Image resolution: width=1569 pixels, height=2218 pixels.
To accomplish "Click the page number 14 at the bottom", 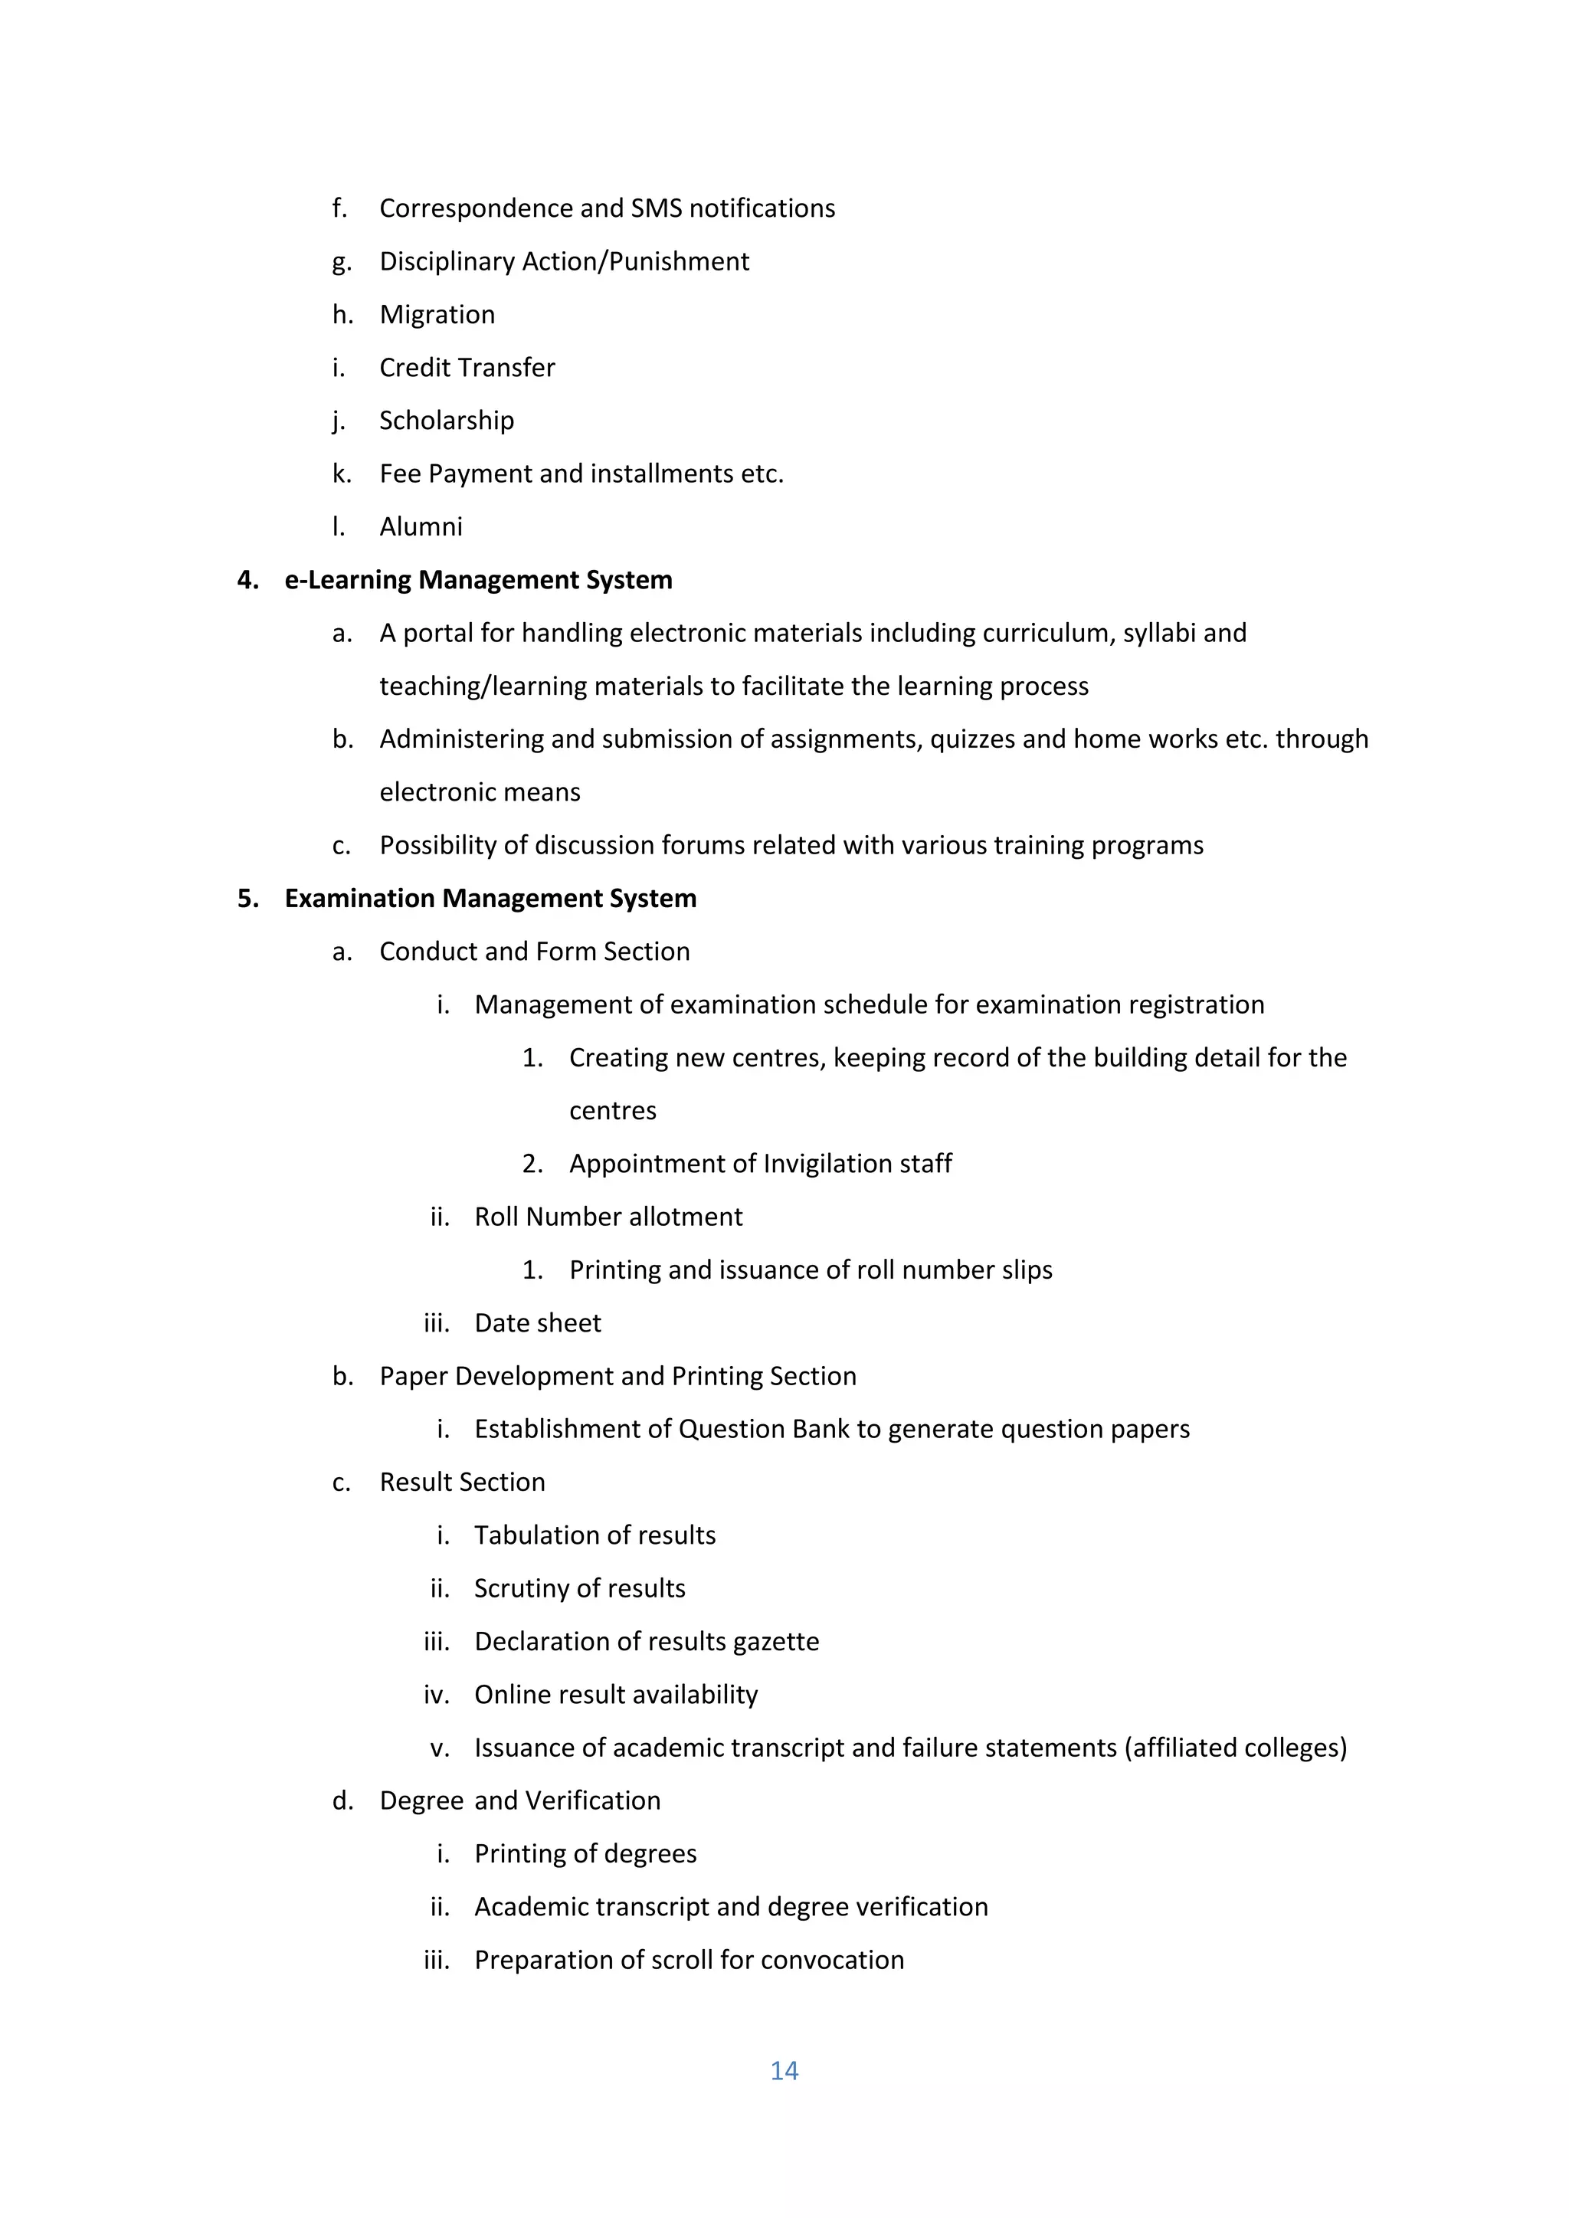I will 784,2070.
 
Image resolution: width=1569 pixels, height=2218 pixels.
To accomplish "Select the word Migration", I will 437,315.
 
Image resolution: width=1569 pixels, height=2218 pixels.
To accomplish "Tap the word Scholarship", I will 447,421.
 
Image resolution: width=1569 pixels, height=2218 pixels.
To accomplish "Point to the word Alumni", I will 421,527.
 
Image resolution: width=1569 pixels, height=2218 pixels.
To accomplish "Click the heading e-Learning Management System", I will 478,581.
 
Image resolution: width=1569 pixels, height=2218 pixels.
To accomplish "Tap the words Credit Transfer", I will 467,368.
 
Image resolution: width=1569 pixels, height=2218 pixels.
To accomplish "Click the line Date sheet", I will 537,1323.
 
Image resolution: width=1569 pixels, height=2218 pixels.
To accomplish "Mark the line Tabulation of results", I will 595,1536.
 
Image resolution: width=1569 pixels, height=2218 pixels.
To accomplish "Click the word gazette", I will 776,1643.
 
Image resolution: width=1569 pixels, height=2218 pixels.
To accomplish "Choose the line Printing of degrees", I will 585,1854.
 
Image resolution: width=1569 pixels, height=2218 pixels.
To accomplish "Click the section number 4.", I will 247,581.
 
